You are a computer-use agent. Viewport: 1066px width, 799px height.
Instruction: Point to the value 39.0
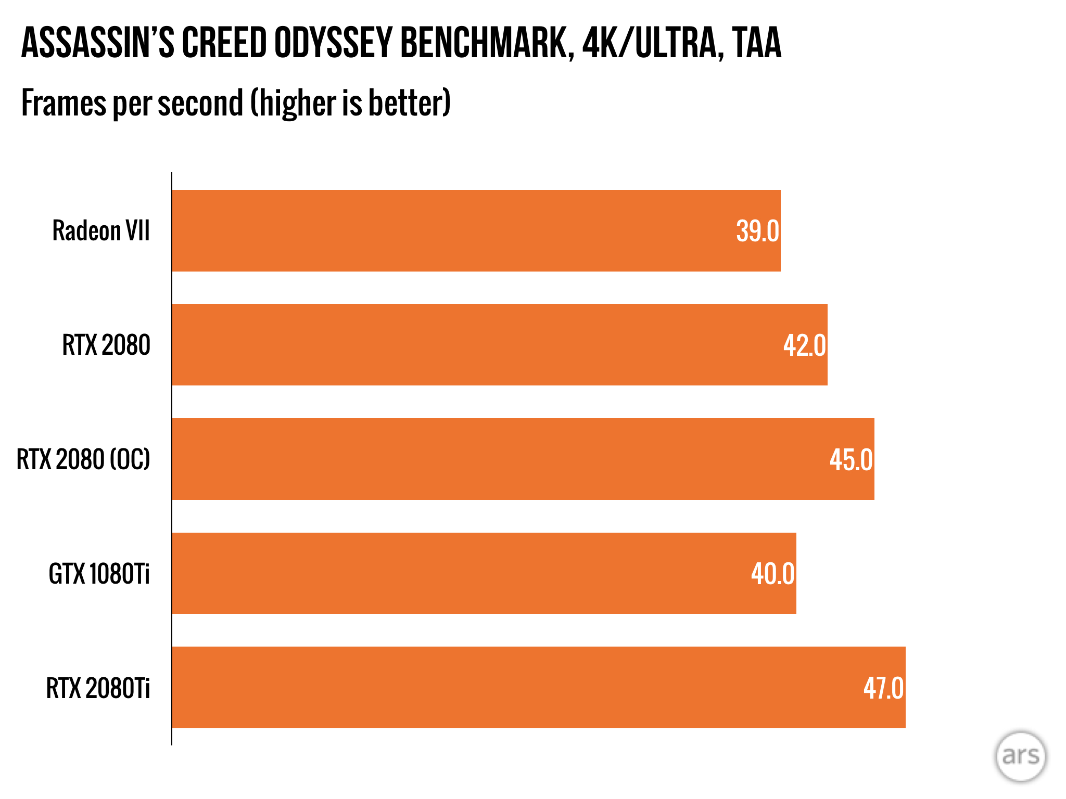coord(757,231)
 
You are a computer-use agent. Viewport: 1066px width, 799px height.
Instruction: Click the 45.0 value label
coord(851,460)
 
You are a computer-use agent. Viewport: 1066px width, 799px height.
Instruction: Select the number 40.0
coord(772,574)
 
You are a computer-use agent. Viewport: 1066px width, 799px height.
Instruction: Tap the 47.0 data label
coord(883,688)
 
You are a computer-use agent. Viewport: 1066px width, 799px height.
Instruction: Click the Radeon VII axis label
coord(101,231)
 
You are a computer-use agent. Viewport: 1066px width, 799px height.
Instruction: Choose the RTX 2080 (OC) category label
coord(83,460)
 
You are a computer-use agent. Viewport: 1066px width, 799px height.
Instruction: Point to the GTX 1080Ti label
coord(99,574)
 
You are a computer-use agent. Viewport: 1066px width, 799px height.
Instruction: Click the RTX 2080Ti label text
coord(98,688)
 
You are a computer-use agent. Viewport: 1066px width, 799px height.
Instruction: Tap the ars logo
coord(1020,756)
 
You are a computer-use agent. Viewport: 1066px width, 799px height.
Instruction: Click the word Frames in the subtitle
coord(64,103)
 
